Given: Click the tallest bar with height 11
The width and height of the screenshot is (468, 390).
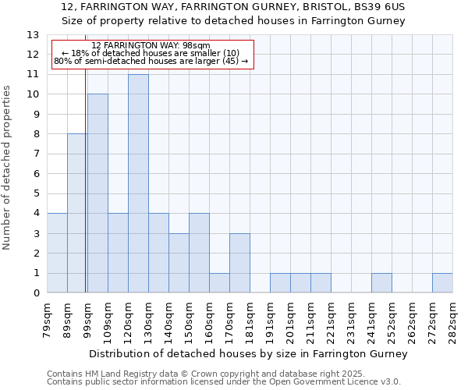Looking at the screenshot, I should (138, 184).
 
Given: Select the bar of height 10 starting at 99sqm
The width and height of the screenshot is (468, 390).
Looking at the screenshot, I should (97, 193).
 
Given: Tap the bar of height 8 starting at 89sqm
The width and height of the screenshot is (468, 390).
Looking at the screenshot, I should (77, 214).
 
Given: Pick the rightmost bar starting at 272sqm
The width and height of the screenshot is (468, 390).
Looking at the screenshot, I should (442, 283).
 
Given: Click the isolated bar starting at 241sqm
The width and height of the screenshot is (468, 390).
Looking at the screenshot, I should (381, 283).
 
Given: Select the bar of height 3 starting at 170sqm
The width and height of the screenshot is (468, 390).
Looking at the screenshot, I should (239, 264).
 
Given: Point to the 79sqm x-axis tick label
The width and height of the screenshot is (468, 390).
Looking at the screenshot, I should (48, 319).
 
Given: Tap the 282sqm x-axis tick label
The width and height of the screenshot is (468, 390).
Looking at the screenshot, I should (453, 319).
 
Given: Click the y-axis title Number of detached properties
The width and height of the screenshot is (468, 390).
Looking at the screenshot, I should (7, 168).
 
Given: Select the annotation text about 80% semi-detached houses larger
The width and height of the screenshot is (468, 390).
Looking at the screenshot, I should (151, 61).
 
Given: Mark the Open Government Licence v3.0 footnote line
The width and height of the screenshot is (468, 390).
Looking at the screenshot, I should (224, 382).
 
